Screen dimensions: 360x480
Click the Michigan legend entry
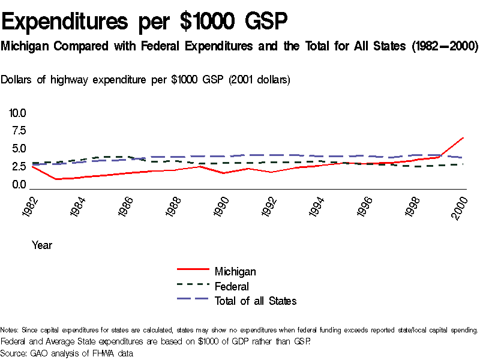(235, 272)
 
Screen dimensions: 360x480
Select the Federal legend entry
(232, 286)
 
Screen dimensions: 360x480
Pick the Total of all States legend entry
(256, 301)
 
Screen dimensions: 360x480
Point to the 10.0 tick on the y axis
(17, 113)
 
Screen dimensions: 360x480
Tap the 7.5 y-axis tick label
(18, 131)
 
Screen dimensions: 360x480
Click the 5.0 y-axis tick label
(18, 149)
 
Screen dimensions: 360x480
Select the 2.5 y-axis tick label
(18, 167)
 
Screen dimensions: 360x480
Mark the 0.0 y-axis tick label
(18, 185)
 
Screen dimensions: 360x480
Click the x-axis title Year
(42, 245)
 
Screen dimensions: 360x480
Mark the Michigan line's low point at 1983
(56, 179)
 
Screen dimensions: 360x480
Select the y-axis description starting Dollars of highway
(146, 80)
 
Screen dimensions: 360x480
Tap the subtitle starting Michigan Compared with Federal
(239, 46)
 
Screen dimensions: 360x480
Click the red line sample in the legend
(193, 272)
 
